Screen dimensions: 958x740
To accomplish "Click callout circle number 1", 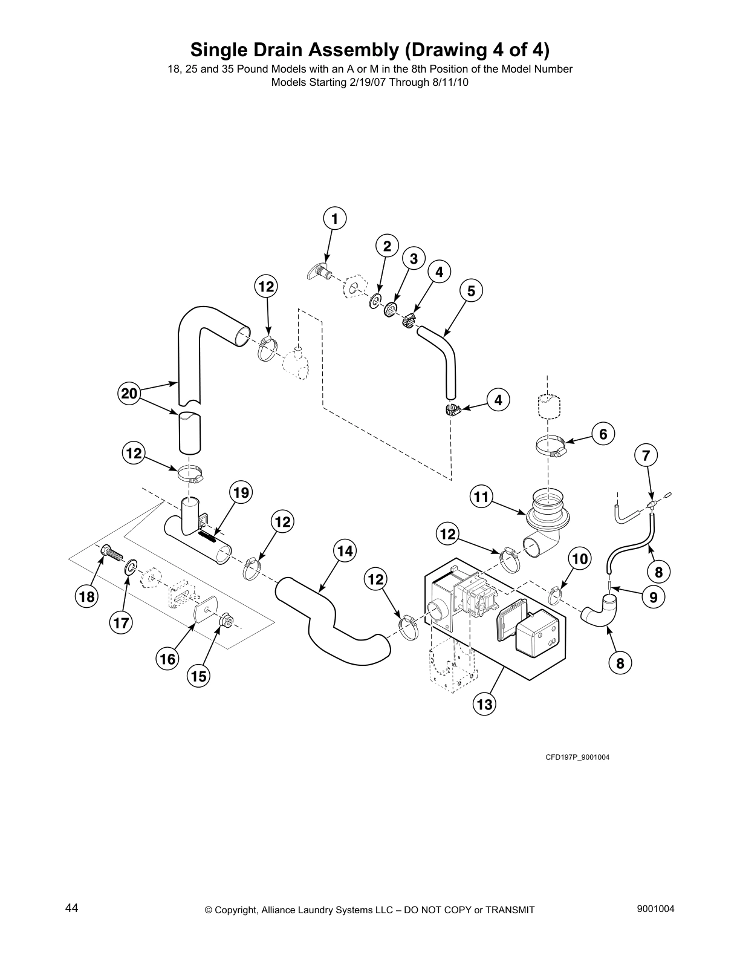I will click(334, 218).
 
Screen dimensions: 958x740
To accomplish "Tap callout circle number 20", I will click(129, 394).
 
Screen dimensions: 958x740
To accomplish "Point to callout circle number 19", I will click(241, 492).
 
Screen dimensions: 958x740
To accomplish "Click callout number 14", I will click(344, 551).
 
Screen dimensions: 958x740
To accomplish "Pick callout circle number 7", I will click(646, 455).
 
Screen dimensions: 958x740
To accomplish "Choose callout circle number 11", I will click(481, 497).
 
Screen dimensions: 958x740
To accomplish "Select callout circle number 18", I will click(86, 598).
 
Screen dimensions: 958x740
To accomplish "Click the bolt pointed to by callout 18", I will click(109, 552).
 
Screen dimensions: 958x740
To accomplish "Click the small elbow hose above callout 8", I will click(600, 610).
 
